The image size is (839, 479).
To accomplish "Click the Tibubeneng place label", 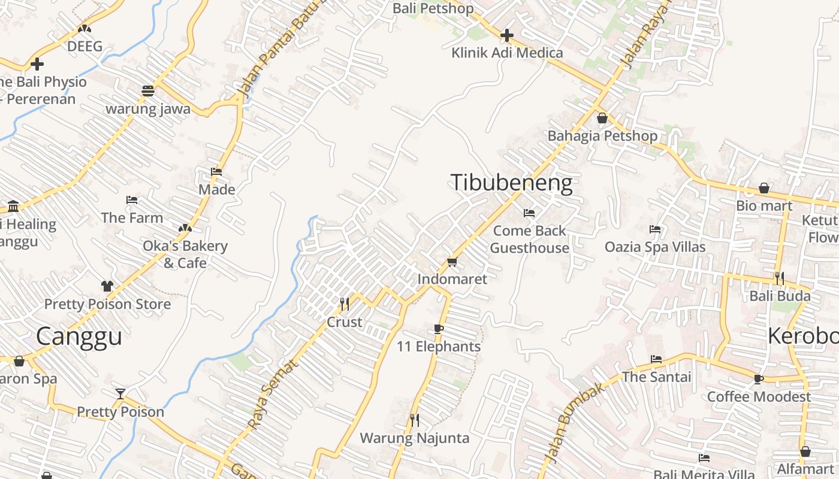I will click(511, 183).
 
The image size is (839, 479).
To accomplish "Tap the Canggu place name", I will click(79, 336).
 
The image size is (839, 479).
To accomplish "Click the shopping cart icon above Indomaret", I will click(452, 262).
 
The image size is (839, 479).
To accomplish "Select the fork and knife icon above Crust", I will click(344, 304).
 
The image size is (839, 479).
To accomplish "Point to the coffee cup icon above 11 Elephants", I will click(439, 329).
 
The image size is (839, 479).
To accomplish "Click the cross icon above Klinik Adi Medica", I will click(507, 35).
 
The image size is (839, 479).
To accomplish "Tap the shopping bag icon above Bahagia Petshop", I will click(602, 118).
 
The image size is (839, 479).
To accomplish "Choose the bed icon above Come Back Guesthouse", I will click(529, 213).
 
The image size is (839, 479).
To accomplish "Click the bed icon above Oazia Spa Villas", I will click(655, 229).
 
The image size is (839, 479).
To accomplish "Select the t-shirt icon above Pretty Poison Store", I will click(107, 286).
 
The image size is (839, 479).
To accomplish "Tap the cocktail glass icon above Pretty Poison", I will click(120, 394).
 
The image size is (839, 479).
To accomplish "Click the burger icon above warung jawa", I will click(148, 91).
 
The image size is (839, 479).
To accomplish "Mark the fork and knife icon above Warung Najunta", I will click(414, 420).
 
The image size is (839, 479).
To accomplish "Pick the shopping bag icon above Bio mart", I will click(764, 189).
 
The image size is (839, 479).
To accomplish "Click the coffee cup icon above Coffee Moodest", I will click(759, 379).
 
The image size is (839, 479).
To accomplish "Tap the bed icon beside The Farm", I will click(132, 200).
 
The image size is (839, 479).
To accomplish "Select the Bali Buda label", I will click(780, 296).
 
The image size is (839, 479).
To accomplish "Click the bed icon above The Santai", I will click(656, 359).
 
